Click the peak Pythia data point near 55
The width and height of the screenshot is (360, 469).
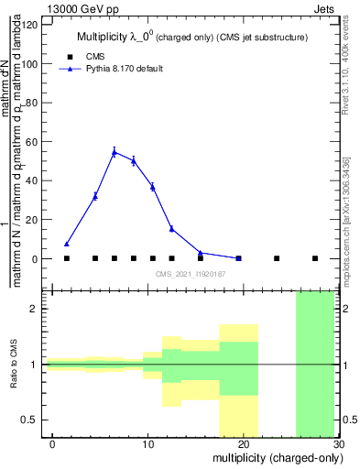click(115, 152)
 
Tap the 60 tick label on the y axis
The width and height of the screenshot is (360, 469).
click(34, 143)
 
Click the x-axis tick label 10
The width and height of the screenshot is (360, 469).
click(148, 442)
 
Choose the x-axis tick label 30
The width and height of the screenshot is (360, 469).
click(338, 442)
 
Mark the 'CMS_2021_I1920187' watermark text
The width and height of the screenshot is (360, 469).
click(191, 274)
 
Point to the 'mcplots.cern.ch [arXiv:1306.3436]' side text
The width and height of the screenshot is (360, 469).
click(350, 211)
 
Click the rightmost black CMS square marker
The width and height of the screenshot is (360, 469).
click(315, 258)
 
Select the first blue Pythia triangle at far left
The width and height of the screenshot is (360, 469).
click(67, 245)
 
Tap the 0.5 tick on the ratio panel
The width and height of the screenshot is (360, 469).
click(34, 420)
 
